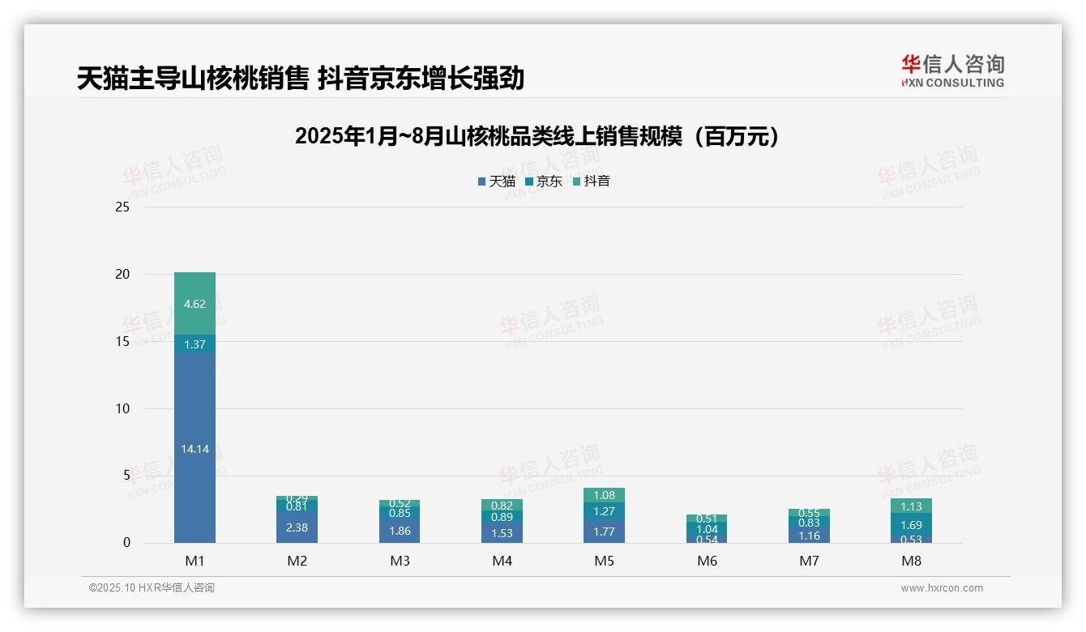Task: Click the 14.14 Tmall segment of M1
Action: [195, 448]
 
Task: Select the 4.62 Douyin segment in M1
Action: [195, 304]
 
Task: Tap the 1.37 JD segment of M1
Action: [195, 344]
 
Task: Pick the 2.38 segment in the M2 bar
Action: [297, 527]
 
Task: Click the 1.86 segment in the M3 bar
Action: [400, 531]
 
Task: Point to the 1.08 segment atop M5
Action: [604, 495]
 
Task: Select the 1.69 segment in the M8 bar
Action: [911, 524]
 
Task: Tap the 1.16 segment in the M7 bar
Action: [809, 536]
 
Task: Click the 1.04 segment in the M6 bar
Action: [707, 529]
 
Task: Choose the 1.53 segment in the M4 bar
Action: [502, 532]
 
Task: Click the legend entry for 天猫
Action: [497, 181]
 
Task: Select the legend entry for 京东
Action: [544, 181]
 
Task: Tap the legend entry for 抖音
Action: [592, 181]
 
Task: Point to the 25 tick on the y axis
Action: [122, 207]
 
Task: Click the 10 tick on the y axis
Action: [122, 408]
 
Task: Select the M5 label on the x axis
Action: [604, 561]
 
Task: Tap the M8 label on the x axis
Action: [911, 561]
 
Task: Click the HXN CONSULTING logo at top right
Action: [952, 71]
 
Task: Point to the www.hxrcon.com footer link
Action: [942, 588]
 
